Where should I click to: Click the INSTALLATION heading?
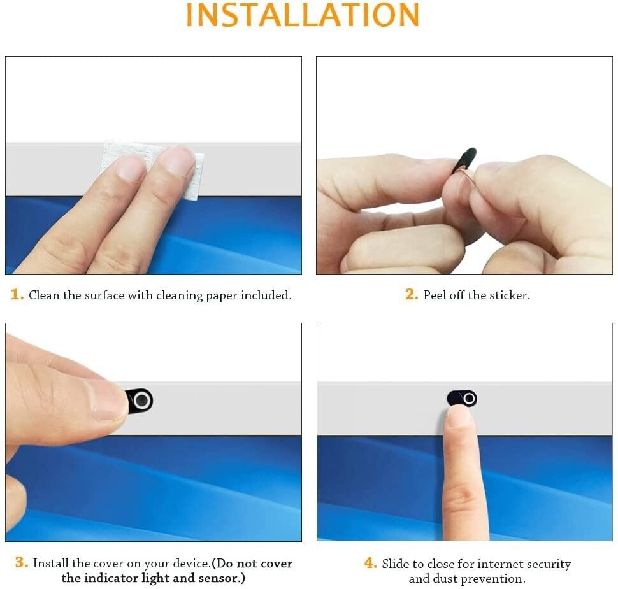302,15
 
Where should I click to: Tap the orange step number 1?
17,294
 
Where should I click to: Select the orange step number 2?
412,294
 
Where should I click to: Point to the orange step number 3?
21,562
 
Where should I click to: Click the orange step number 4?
371,563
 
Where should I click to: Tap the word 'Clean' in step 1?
44,295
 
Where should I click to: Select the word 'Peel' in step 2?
435,295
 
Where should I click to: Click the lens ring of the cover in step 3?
142,401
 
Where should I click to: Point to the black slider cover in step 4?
462,399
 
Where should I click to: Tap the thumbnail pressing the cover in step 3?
107,401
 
